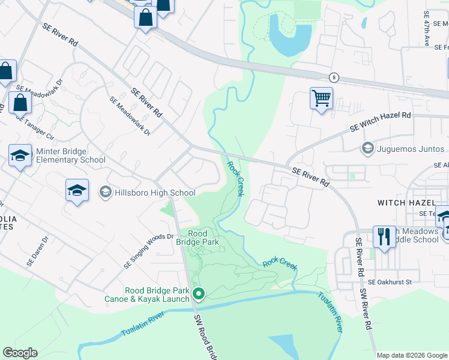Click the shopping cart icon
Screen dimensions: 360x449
pyautogui.click(x=321, y=97)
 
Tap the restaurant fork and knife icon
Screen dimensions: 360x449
pyautogui.click(x=384, y=236)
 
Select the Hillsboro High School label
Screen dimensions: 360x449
pyautogui.click(x=155, y=193)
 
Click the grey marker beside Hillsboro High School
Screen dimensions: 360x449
pyautogui.click(x=105, y=192)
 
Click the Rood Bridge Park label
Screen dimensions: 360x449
pyautogui.click(x=197, y=238)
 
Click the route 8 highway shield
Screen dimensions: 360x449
pyautogui.click(x=334, y=77)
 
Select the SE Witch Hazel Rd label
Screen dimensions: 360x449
pyautogui.click(x=381, y=123)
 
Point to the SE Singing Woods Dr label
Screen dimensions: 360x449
pyautogui.click(x=148, y=251)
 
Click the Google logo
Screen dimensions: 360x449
pyautogui.click(x=20, y=353)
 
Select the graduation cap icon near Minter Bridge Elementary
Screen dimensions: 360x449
pyautogui.click(x=20, y=155)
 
